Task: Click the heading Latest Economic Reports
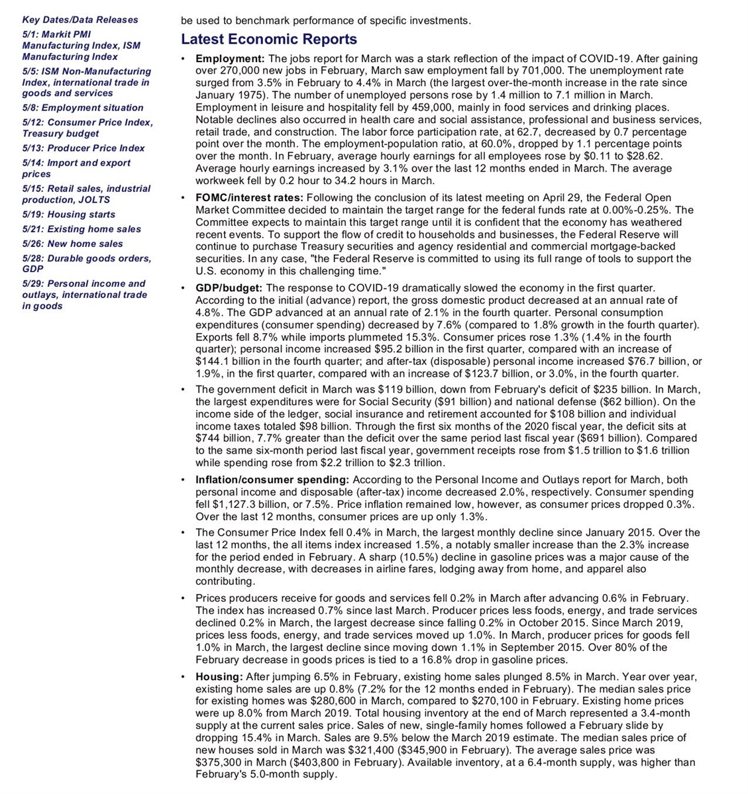[269, 40]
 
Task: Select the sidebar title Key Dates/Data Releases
[80, 20]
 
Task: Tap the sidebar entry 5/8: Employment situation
[83, 108]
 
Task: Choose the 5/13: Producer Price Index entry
[83, 148]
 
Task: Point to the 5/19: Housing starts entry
[69, 215]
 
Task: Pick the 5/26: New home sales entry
[73, 244]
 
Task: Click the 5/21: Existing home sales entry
[81, 229]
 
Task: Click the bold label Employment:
[230, 58]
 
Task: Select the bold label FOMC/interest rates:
[249, 197]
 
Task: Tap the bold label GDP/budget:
[229, 288]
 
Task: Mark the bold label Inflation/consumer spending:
[272, 479]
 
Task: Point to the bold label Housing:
[219, 677]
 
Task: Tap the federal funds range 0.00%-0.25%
[635, 210]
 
